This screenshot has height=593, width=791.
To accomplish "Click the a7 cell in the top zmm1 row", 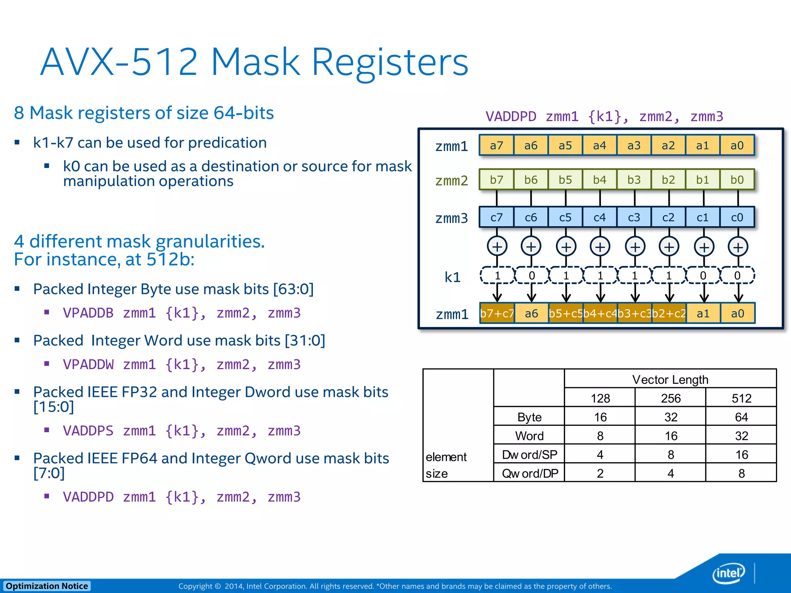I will [x=496, y=145].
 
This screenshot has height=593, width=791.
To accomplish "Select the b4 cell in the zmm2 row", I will [x=599, y=180].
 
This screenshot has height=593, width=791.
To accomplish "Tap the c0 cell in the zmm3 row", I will [x=737, y=217].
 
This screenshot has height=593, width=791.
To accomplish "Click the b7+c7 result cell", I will [x=497, y=313].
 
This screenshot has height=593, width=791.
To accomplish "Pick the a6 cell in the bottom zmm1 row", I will [x=531, y=313].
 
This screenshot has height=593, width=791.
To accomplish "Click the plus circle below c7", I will [x=497, y=246].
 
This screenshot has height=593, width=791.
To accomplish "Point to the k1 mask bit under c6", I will [x=532, y=275].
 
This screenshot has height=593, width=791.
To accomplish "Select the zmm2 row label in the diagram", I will [x=451, y=180].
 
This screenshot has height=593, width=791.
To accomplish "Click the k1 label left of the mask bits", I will [x=452, y=277].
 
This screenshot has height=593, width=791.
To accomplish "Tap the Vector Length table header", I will [x=670, y=379].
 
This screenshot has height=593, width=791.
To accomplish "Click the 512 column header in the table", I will [x=741, y=398].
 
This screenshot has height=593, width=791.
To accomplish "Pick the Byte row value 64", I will [x=741, y=417].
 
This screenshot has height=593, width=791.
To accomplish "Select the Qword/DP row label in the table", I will [x=530, y=473].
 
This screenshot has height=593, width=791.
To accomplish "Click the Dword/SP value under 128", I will [x=600, y=454].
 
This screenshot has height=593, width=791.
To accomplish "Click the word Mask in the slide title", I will [x=255, y=62].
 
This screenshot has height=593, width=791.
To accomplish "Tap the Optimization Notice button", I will [x=47, y=586].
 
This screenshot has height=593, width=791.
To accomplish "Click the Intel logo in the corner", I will [x=728, y=573].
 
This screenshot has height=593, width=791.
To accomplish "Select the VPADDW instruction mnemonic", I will [x=88, y=364].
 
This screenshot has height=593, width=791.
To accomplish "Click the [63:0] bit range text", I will [x=293, y=289].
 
